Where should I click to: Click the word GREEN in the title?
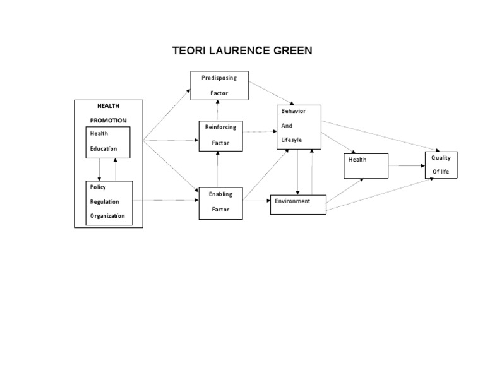pos(289,51)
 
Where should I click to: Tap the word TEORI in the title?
pos(189,51)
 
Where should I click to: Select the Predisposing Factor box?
pos(219,85)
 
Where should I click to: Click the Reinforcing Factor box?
pos(220,135)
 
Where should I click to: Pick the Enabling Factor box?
pos(220,202)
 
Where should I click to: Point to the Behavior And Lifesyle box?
pos(299,127)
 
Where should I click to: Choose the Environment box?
pos(298,205)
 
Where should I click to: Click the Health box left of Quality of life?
pos(366,166)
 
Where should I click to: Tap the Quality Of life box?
pos(441,165)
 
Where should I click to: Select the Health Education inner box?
pos(107,142)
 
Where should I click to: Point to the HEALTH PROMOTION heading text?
pos(108,113)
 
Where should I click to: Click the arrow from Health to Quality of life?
pos(407,165)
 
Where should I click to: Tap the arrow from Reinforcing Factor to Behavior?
pos(261,132)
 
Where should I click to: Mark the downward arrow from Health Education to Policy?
pos(99,169)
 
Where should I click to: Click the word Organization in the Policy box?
pos(107,216)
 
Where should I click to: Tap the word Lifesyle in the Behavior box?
pos(292,139)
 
